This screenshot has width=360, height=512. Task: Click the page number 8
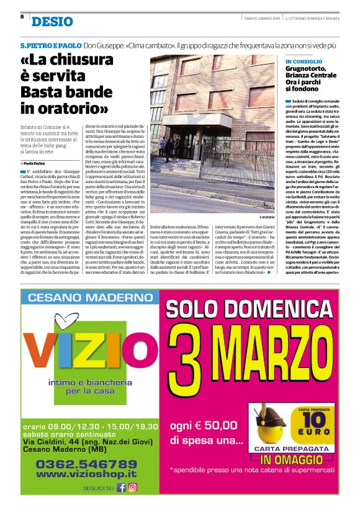[x=22, y=16]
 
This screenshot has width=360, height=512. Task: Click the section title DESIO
[x=52, y=22]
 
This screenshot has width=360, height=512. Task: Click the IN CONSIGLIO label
[x=304, y=62]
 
